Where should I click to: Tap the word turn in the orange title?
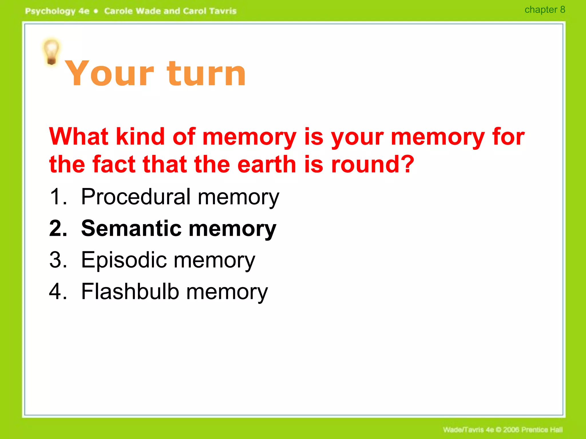[206, 74]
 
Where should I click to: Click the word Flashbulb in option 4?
[130, 292]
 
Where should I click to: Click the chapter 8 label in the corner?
[545, 10]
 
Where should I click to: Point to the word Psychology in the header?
[50, 11]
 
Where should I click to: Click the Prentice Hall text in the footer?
[542, 430]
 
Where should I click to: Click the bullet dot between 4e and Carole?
[96, 11]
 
